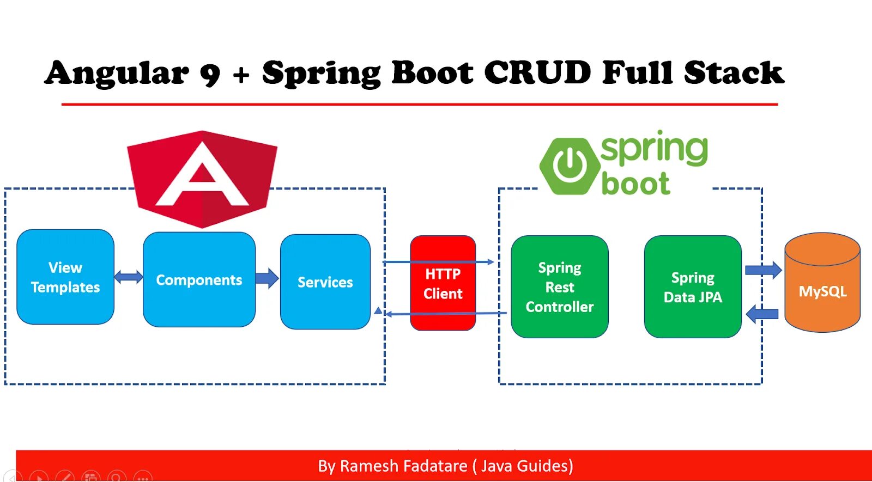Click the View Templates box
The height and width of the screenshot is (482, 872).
(x=65, y=277)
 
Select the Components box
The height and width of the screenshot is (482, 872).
(x=199, y=279)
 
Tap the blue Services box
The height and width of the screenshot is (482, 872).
(x=325, y=282)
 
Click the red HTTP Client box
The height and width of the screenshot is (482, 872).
(x=443, y=283)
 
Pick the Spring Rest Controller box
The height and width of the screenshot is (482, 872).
(x=559, y=286)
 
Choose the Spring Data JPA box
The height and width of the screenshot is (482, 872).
(x=693, y=286)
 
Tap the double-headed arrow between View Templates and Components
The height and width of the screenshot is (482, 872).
(x=129, y=277)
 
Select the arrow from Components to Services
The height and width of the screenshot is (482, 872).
(x=267, y=278)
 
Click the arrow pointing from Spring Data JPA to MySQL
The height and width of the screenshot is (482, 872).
(x=763, y=270)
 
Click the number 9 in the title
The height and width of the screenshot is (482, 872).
(x=210, y=74)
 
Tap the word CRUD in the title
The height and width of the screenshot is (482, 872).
(x=537, y=72)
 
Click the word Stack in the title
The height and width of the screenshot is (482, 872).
(x=734, y=72)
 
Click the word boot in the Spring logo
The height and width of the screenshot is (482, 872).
(x=635, y=184)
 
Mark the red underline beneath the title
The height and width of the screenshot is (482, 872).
(x=420, y=103)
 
